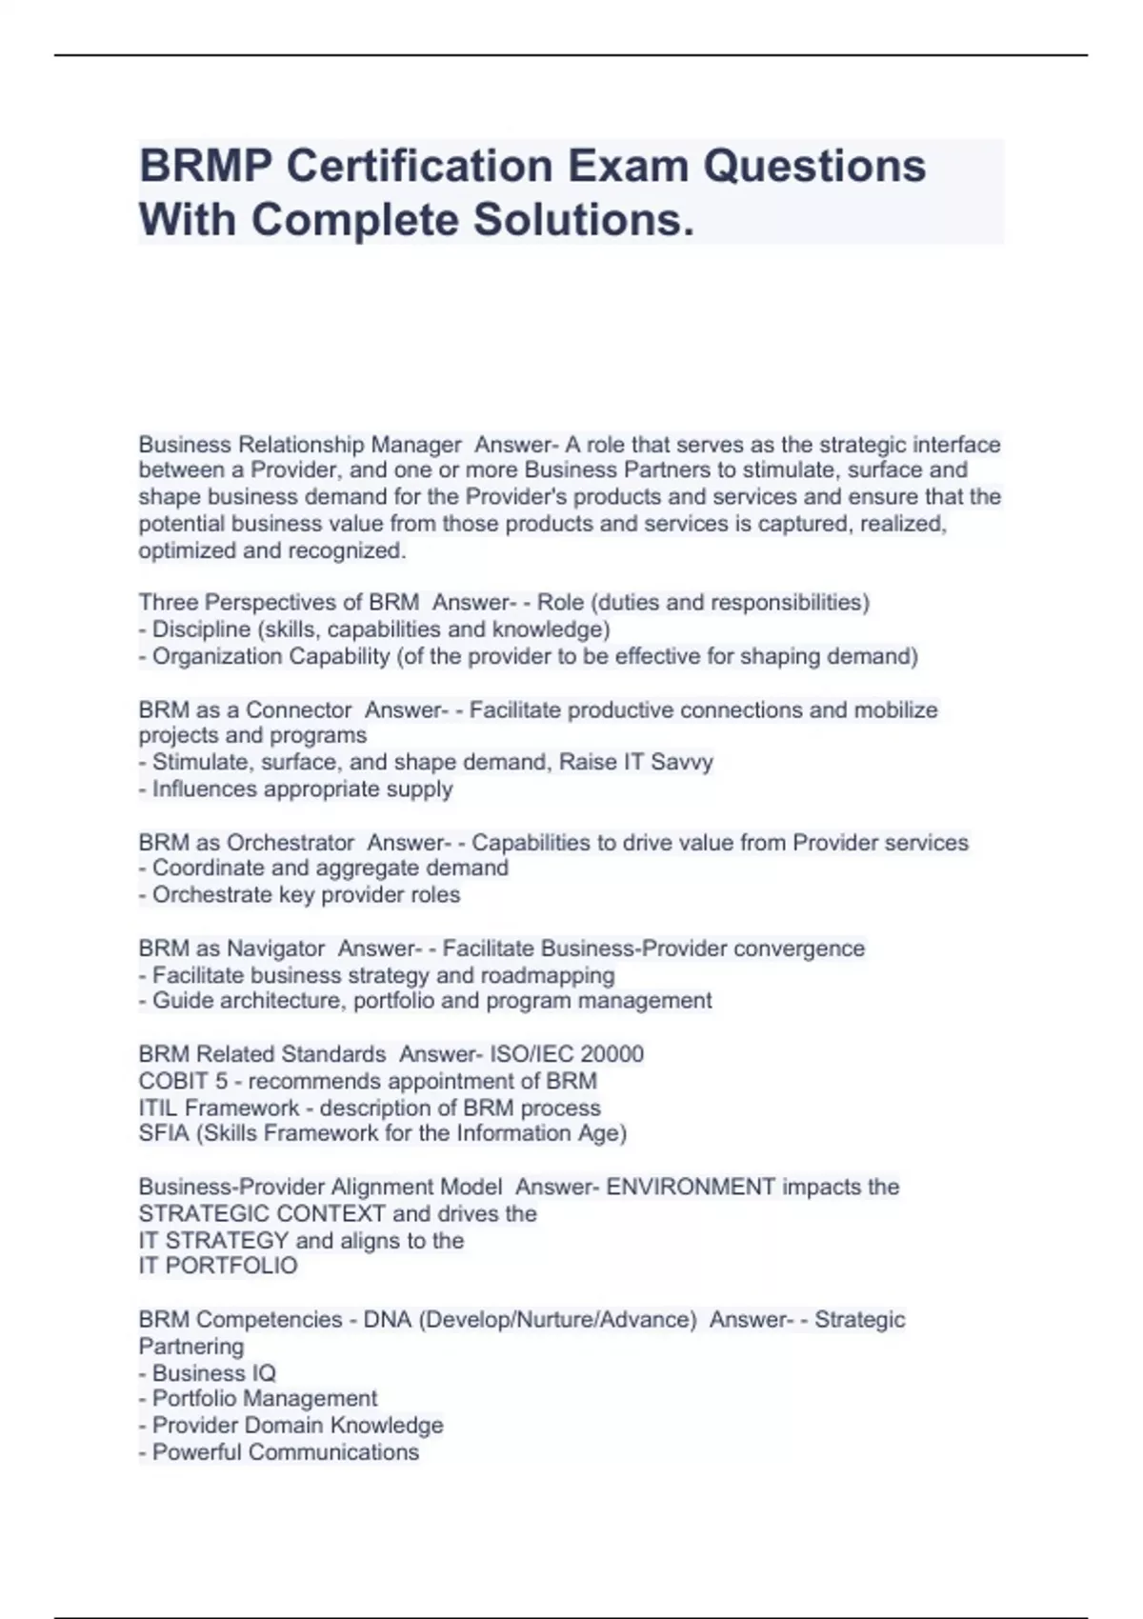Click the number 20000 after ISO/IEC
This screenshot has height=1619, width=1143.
tap(612, 1054)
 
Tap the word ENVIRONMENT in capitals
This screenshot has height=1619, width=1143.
tap(691, 1187)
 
